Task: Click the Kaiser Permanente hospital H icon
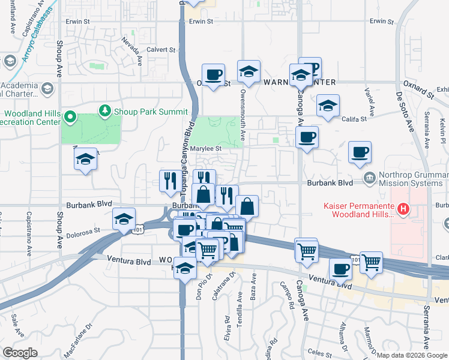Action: tap(404, 209)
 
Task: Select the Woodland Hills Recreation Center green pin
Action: tap(70, 116)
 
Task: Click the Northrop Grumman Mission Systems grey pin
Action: tap(369, 178)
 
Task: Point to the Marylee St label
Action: tap(206, 148)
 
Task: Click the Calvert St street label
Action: tap(161, 50)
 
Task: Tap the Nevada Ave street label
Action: tap(132, 51)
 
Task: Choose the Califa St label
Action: tap(354, 119)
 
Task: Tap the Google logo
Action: tap(20, 353)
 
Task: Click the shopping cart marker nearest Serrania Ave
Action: tap(371, 262)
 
